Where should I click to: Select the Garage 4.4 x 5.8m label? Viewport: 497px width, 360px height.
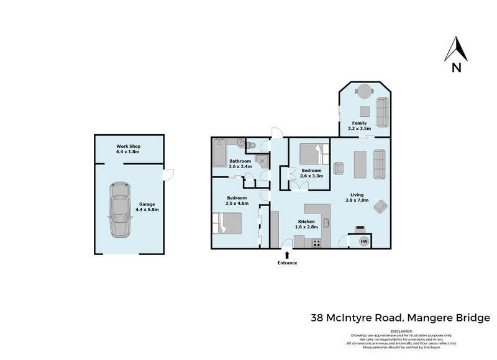click(147, 207)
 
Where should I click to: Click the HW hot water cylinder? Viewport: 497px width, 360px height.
click(364, 241)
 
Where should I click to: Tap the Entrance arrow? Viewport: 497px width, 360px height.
click(287, 254)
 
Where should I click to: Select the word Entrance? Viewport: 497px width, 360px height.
click(287, 263)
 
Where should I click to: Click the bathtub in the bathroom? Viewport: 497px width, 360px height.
click(219, 153)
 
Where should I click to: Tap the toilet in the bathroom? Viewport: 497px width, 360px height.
click(250, 145)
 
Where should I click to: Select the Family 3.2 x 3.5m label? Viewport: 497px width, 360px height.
click(360, 126)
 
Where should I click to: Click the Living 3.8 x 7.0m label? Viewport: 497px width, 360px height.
click(357, 197)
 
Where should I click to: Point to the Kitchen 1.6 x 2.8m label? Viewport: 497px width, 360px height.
click(307, 224)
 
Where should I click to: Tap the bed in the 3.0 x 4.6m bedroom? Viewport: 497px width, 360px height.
click(227, 222)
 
